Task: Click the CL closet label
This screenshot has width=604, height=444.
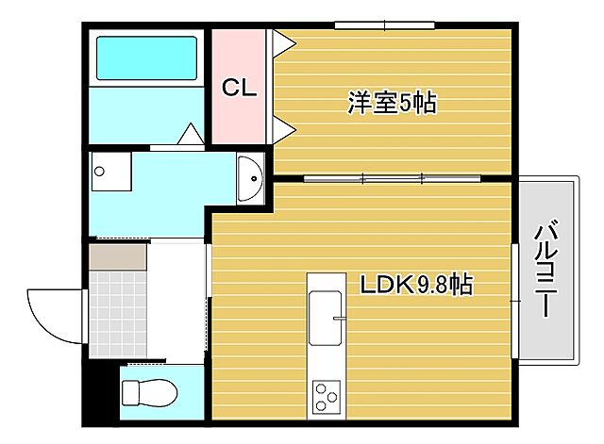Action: tap(240, 88)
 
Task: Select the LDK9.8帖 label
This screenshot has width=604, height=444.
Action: tap(416, 283)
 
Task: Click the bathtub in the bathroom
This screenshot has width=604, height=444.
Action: tap(146, 58)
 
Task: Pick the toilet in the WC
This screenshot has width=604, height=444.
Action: tap(147, 389)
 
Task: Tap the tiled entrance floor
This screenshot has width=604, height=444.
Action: tap(117, 307)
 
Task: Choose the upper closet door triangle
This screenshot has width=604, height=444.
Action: tap(280, 41)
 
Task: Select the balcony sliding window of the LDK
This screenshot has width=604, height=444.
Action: tap(514, 300)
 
